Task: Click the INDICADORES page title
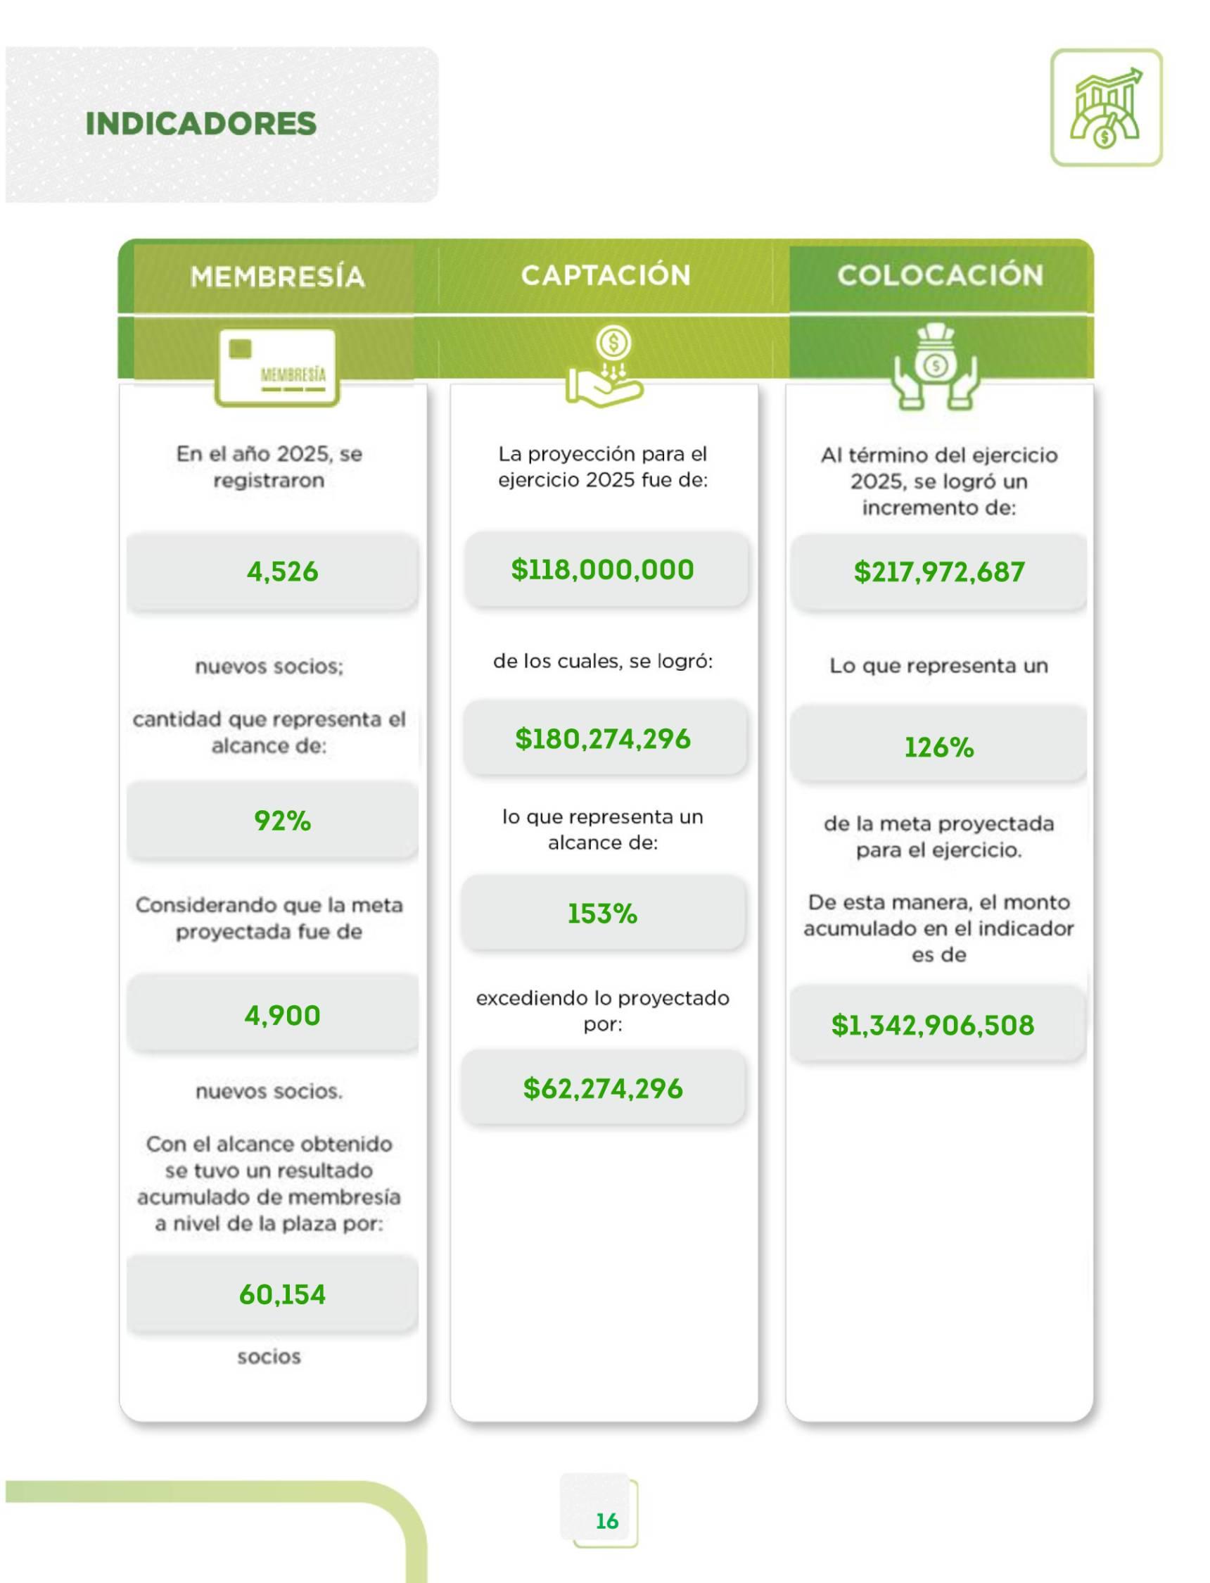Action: click(x=201, y=123)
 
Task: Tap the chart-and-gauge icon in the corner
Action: click(x=1106, y=108)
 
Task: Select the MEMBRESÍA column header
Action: click(x=277, y=277)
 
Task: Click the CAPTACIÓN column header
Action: click(x=606, y=275)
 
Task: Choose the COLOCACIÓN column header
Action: click(x=940, y=275)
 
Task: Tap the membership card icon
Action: click(x=277, y=367)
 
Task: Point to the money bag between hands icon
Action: click(x=936, y=367)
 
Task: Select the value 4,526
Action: click(x=282, y=572)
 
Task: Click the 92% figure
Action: click(x=282, y=821)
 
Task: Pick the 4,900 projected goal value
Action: click(x=282, y=1015)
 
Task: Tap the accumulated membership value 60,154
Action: click(x=282, y=1295)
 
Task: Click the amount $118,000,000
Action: click(x=603, y=570)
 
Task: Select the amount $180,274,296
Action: click(x=603, y=738)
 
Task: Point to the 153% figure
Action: click(x=603, y=914)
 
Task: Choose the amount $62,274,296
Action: click(x=603, y=1088)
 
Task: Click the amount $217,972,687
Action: click(x=939, y=572)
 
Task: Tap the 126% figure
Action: click(x=939, y=748)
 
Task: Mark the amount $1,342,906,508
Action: click(x=933, y=1026)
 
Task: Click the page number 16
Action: click(x=606, y=1521)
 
